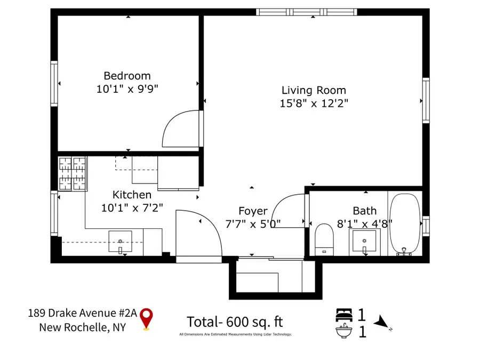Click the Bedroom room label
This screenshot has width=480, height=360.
point(127,76)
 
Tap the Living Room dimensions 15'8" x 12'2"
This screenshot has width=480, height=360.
point(314,103)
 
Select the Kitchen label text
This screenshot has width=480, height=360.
point(132,195)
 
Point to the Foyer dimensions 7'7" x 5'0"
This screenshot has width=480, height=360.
point(252,224)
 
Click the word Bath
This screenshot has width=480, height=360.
point(364,211)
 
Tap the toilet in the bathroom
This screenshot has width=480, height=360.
point(324,239)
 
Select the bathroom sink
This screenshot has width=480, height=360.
point(365,242)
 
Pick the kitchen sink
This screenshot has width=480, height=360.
point(121,242)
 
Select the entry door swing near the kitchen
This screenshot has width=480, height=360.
point(198,233)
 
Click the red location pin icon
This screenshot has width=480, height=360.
point(146,319)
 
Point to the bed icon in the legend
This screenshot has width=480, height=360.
point(343,315)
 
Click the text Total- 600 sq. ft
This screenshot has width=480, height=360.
point(234,322)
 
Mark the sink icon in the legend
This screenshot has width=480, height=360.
point(343,332)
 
